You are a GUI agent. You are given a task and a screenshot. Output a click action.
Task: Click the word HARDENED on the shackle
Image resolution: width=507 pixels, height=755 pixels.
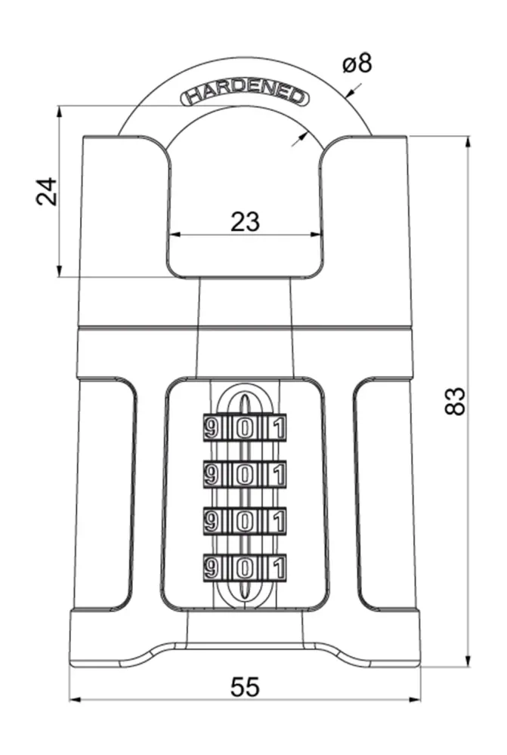[244, 95]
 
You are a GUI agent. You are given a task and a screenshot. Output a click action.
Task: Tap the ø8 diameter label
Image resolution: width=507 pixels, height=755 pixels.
[357, 63]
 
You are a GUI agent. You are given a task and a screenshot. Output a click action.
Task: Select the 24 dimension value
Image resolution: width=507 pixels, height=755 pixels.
[47, 192]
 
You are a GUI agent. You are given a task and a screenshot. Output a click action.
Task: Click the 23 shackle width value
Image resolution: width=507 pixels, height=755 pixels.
[245, 221]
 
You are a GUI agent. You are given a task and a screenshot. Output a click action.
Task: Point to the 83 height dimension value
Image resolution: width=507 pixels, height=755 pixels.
[454, 401]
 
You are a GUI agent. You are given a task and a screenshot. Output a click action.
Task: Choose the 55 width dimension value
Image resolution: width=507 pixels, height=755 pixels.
[245, 686]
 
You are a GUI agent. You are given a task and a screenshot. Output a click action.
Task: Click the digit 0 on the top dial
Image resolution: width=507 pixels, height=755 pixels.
[244, 428]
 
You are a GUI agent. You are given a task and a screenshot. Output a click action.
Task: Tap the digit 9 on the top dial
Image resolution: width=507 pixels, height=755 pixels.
[211, 428]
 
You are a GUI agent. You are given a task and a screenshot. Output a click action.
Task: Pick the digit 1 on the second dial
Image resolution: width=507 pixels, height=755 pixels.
[279, 475]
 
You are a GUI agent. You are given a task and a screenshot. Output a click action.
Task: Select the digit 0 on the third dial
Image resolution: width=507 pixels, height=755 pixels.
[244, 522]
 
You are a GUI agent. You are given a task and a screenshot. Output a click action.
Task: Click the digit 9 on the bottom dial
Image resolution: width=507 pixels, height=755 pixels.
[211, 569]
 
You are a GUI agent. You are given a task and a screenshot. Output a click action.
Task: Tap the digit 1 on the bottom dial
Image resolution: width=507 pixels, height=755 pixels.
[279, 569]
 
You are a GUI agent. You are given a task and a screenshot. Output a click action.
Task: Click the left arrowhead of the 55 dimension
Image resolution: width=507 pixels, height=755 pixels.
[76, 699]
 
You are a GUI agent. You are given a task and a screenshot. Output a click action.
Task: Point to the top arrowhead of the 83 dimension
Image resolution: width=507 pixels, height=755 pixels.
[467, 142]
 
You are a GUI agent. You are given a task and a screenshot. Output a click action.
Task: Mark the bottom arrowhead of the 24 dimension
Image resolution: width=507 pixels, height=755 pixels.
[59, 271]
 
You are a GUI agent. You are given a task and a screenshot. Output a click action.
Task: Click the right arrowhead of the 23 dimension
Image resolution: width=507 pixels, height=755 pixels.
[316, 235]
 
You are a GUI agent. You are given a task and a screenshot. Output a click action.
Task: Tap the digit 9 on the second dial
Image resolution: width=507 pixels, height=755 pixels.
[211, 475]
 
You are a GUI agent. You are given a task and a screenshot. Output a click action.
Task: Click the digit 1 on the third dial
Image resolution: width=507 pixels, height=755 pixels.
[279, 522]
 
